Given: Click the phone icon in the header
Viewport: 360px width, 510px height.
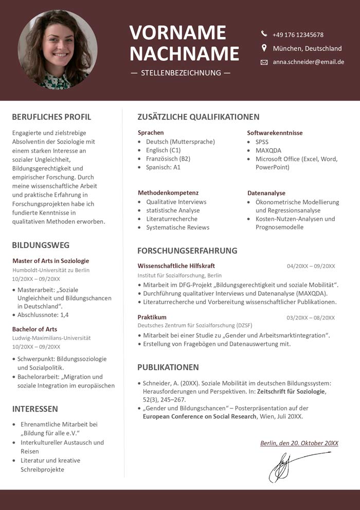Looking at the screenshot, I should click(264, 34).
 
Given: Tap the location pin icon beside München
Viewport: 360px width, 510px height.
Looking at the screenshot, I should click(264, 48).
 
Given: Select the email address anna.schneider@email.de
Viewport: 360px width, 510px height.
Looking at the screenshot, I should click(308, 62).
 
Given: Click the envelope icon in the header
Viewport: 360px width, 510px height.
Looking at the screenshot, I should click(264, 62).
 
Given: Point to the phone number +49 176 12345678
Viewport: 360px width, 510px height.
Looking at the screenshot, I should click(298, 34).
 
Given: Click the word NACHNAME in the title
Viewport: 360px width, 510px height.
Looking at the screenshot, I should click(184, 54).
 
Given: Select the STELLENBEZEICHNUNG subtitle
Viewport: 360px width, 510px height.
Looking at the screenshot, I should click(181, 73).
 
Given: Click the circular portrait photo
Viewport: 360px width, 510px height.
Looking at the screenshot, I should click(57, 49).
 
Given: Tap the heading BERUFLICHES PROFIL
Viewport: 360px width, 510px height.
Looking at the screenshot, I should click(51, 117).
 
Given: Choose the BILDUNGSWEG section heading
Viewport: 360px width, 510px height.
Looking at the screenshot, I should click(41, 245).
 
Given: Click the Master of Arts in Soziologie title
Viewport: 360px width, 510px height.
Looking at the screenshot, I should click(50, 261).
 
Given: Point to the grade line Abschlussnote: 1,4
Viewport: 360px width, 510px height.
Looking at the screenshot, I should click(43, 314).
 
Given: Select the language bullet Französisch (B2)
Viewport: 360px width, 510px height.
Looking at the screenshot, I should click(168, 159).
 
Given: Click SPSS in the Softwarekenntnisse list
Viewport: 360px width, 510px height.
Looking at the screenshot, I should click(262, 142).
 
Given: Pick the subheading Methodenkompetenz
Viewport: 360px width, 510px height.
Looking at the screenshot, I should click(168, 192).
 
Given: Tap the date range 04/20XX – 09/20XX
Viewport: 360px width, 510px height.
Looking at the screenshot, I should click(311, 266).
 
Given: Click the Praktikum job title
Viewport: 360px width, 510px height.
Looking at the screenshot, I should click(152, 317).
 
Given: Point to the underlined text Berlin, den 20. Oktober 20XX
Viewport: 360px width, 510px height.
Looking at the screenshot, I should click(299, 443).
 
